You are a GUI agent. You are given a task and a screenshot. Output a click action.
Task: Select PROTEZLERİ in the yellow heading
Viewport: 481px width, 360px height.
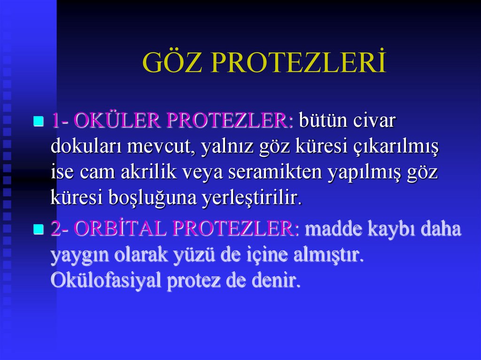click(x=298, y=62)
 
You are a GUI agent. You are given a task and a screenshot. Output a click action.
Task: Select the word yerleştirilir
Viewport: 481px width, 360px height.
click(x=252, y=199)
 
